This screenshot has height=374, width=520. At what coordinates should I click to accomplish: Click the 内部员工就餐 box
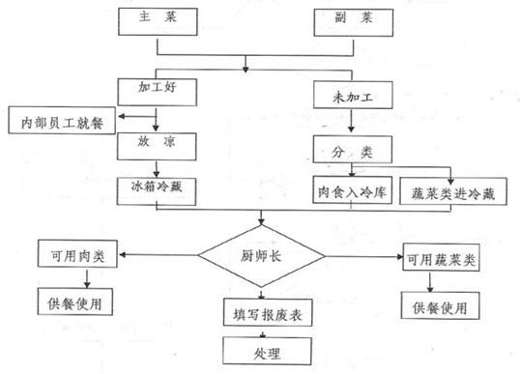click(x=61, y=123)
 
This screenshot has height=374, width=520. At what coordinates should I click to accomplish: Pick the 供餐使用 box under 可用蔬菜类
click(x=440, y=307)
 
